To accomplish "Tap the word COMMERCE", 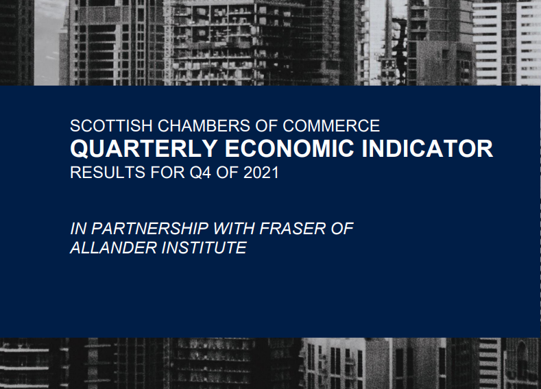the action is click(x=331, y=126).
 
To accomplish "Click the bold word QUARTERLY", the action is click(x=143, y=149).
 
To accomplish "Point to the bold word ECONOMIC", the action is click(x=289, y=149).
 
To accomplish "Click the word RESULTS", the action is click(x=108, y=173).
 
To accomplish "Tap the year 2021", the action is click(x=261, y=173).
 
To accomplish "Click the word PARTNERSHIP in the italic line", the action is click(x=149, y=229).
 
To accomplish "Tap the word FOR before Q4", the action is click(x=167, y=173).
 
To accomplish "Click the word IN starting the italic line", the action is click(x=78, y=229).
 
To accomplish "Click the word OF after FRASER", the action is click(x=342, y=229).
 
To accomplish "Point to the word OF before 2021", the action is click(x=228, y=173).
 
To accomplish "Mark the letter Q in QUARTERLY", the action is click(x=79, y=149).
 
